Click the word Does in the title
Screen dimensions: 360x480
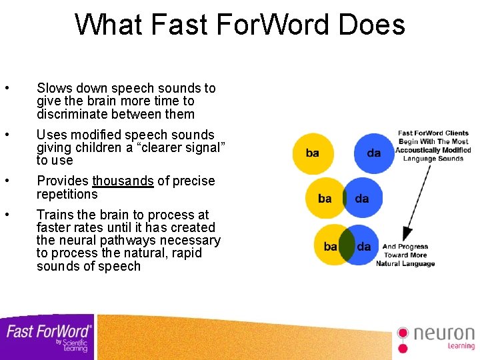pos(371,25)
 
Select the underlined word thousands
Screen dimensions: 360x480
pos(123,181)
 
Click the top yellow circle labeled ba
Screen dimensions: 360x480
pos(312,153)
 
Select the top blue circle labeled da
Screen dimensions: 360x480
pos(374,153)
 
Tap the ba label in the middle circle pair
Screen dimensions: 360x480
pos(325,199)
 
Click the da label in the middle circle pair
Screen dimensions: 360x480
pos(362,199)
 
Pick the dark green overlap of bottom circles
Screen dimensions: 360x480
pos(346,245)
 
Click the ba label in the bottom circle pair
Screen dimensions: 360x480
pos(330,247)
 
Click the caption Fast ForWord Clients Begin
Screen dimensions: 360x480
pos(433,137)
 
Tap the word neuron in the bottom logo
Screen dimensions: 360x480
pos(443,333)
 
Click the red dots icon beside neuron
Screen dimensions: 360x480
pos(402,338)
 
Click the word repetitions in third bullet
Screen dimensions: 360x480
pos(67,195)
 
